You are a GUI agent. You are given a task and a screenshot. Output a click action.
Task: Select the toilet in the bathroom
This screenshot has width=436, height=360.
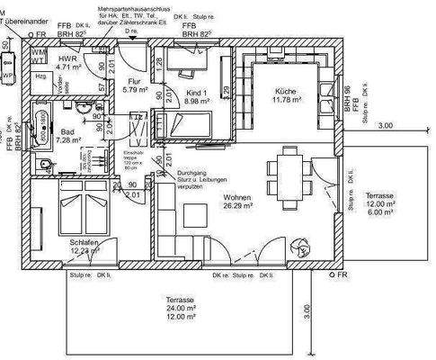coord(45,163)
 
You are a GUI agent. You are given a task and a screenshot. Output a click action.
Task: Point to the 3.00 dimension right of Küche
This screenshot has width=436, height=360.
coord(386,125)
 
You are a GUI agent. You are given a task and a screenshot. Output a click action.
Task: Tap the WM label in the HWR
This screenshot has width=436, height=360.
coord(36,53)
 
